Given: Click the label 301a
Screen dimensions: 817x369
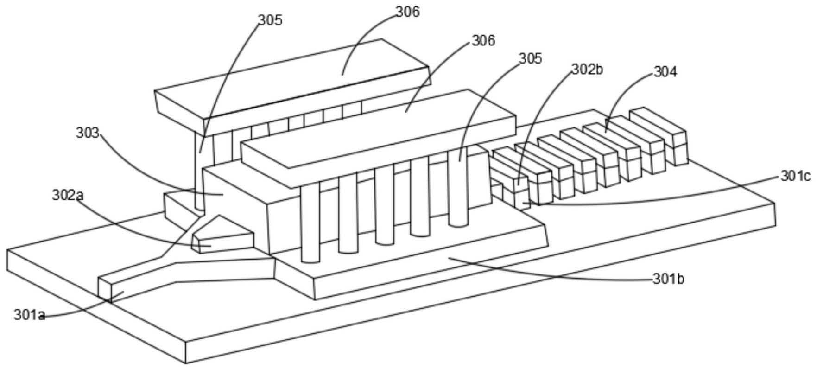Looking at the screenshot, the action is click(x=30, y=316).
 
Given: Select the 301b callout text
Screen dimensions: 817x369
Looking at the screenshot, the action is click(x=669, y=280).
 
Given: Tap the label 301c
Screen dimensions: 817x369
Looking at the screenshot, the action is click(x=796, y=176).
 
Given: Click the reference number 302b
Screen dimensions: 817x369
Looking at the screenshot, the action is click(x=587, y=69).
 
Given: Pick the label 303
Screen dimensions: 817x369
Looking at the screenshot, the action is click(x=88, y=133).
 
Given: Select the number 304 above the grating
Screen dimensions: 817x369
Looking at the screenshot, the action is click(x=665, y=72).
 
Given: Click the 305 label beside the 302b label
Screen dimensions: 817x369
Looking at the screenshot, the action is click(x=530, y=58).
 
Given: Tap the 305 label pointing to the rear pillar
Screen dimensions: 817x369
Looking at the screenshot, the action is click(x=270, y=20).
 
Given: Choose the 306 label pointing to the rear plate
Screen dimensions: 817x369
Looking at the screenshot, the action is click(x=407, y=12).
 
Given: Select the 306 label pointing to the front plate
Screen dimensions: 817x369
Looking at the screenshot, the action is click(x=483, y=41).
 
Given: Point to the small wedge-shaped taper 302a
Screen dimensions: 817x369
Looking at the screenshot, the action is click(x=223, y=235).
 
